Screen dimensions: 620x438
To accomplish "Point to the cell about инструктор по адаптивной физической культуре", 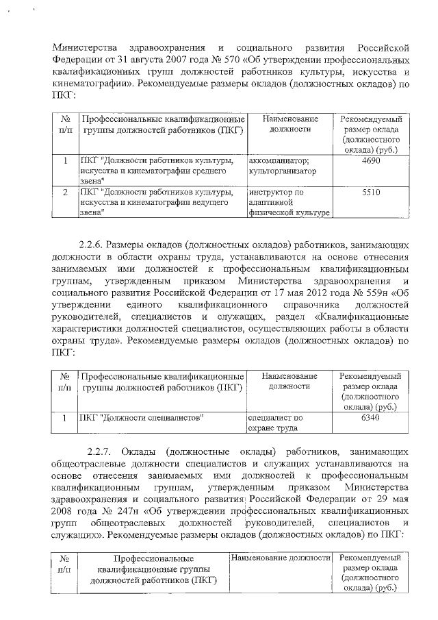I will click(287, 203).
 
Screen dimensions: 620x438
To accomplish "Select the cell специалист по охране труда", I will click(274, 423).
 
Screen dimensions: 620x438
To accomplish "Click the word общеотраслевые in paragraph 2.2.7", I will click(87, 467).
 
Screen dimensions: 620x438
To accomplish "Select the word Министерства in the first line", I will click(86, 47).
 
